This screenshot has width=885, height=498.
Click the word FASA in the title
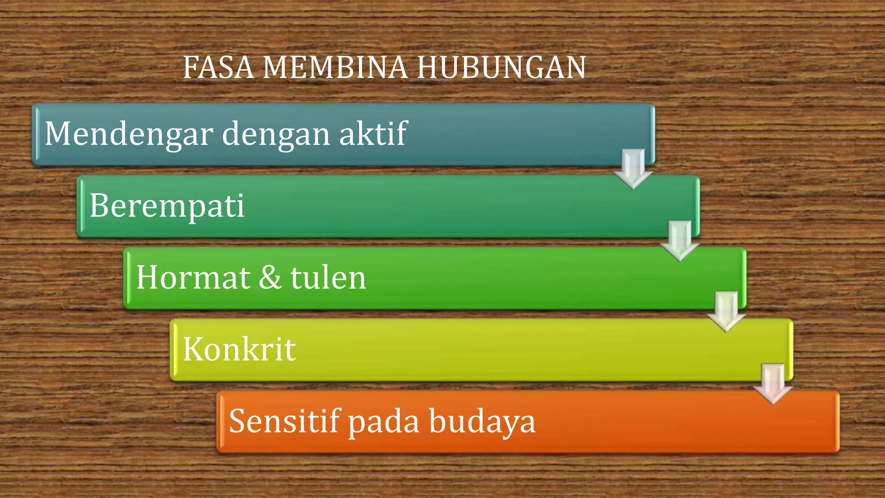[218, 68]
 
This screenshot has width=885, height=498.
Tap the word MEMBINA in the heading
[334, 68]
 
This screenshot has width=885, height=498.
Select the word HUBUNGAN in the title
[501, 68]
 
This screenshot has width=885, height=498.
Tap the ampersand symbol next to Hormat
[270, 278]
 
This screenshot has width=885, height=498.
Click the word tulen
[328, 278]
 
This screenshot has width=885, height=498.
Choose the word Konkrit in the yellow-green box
[239, 349]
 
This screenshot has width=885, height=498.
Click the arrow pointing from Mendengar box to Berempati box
[633, 169]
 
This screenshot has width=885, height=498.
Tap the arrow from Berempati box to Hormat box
[680, 240]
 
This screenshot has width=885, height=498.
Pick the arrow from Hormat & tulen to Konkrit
[726, 312]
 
